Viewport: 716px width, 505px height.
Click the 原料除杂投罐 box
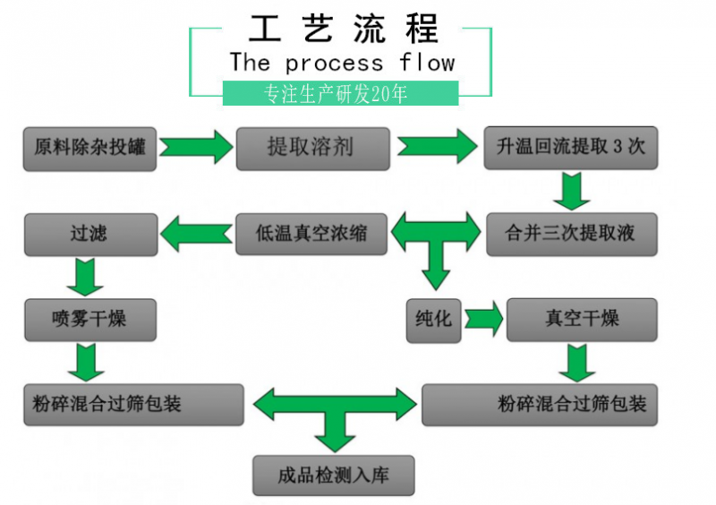[89, 148]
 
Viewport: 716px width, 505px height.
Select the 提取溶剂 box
[313, 148]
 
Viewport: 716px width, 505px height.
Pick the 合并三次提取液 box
[571, 235]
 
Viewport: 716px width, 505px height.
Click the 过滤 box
[89, 234]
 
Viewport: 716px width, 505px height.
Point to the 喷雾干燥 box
[89, 319]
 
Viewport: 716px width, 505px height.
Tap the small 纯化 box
[434, 319]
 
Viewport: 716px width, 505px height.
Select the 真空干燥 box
[582, 319]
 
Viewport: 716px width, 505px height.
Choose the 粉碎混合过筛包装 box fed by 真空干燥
[540, 404]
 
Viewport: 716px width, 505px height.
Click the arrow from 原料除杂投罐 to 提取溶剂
[196, 147]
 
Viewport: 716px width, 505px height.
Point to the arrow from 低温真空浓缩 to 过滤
[196, 235]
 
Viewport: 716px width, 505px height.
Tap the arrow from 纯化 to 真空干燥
[484, 319]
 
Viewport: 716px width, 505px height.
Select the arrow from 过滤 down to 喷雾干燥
[87, 276]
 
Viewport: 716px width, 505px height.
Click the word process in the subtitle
[334, 63]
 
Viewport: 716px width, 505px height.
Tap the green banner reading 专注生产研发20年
[340, 93]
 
